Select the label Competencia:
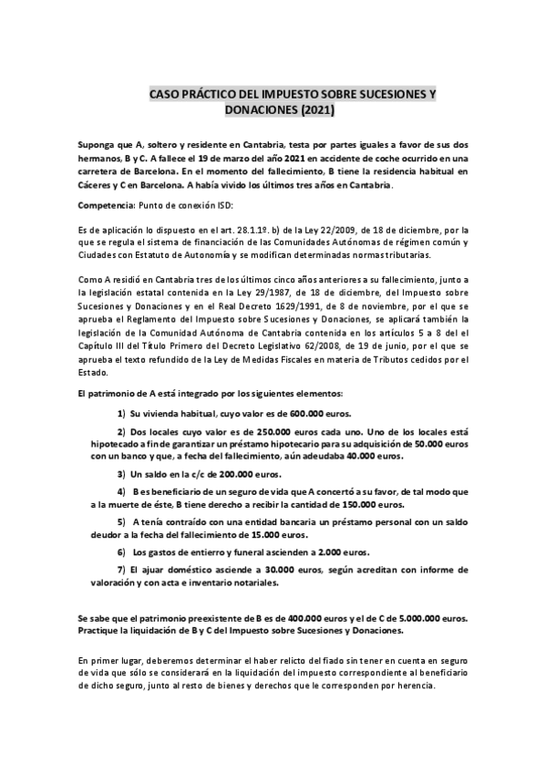[106, 206]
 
